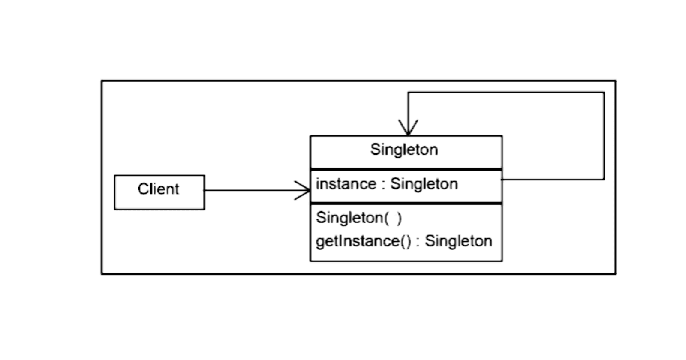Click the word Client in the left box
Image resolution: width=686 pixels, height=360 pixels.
[x=158, y=189]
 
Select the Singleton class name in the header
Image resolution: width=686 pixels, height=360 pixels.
[x=404, y=150]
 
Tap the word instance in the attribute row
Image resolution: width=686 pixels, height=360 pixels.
[x=346, y=184]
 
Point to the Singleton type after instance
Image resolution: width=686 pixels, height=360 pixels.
[x=424, y=184]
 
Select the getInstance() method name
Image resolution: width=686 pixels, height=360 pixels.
[x=358, y=241]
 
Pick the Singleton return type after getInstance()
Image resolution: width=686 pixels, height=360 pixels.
[x=458, y=241]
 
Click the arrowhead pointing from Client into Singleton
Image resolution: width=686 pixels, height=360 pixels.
[x=305, y=190]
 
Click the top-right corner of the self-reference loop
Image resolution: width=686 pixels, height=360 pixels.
[x=604, y=92]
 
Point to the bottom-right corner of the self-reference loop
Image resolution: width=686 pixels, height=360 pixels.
[x=604, y=179]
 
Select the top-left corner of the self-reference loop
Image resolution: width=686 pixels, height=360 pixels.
[x=408, y=92]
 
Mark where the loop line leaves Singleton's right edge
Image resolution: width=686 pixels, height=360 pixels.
[x=502, y=180]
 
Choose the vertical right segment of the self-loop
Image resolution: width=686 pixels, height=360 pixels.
[x=604, y=136]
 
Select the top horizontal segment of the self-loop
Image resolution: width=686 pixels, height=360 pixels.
[x=506, y=92]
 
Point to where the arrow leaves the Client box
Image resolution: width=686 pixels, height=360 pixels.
[x=205, y=190]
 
